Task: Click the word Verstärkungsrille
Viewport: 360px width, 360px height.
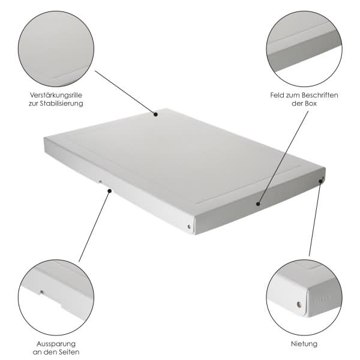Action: coord(56,95)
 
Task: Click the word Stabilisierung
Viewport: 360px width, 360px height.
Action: coord(61,103)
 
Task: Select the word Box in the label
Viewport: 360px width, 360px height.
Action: coord(311,103)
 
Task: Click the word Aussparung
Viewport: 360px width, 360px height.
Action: coord(56,344)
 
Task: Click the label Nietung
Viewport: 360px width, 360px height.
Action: coord(304,344)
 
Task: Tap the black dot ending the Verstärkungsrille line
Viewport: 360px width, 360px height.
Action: coord(155,114)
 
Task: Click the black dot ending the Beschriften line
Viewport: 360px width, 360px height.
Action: coord(258,203)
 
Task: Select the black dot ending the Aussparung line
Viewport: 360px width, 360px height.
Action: coord(110,191)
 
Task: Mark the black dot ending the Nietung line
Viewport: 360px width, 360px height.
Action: coord(321,181)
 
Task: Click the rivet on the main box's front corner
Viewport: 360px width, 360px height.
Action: coord(189,227)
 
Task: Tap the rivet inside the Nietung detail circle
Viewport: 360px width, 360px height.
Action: coord(299,304)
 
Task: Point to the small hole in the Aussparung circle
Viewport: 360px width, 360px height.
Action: coord(41,292)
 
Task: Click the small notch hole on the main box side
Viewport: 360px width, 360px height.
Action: coord(100,182)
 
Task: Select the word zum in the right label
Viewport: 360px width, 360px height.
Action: coord(292,95)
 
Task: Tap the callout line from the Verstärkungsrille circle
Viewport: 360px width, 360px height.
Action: coord(125,92)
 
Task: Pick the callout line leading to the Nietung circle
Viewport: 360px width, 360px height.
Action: coord(315,218)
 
